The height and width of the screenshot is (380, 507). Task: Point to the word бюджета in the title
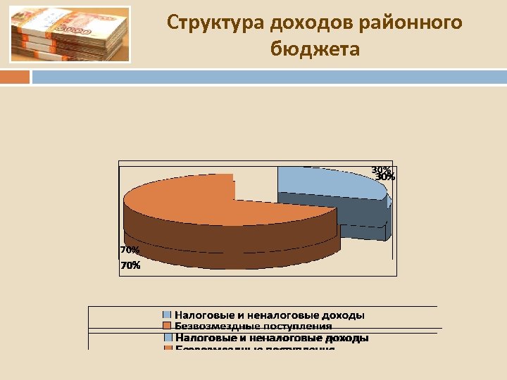[x=315, y=49]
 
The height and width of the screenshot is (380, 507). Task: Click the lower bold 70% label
[x=130, y=266]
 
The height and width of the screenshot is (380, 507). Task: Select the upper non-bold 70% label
[x=130, y=250]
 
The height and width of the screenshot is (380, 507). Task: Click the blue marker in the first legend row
[x=167, y=315]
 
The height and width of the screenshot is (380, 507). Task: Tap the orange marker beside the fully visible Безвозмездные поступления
[x=167, y=326]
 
